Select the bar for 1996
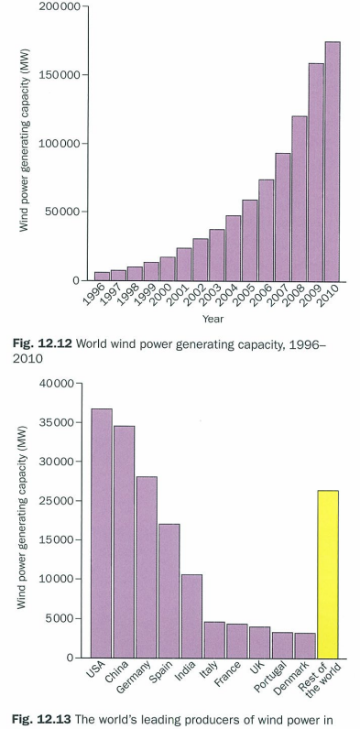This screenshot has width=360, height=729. coord(102,276)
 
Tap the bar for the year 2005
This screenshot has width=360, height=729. coord(250,240)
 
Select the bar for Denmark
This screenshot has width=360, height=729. coord(304,645)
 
